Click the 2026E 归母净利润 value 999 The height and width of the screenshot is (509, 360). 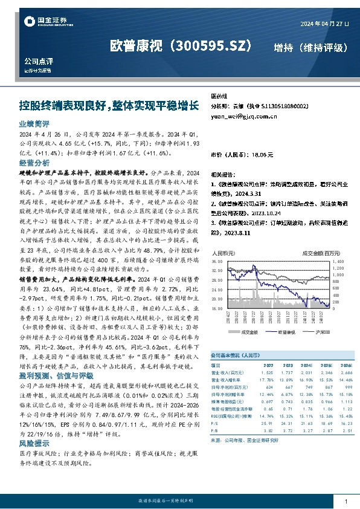(x=347, y=386)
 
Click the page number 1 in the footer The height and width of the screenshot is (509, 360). (x=346, y=501)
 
